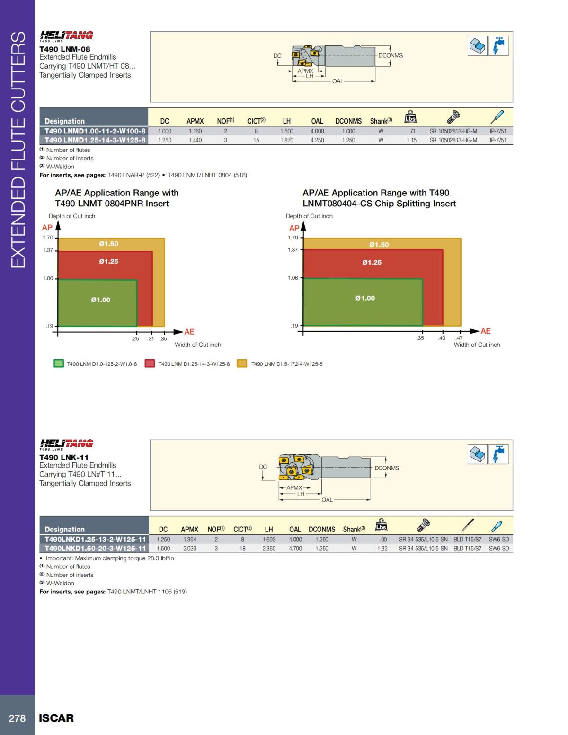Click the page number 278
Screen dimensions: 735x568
point(17,718)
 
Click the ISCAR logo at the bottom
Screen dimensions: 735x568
point(56,718)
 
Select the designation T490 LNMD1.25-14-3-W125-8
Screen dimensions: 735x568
point(95,140)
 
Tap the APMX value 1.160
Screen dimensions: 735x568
point(195,131)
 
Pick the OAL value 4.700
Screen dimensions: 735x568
point(295,549)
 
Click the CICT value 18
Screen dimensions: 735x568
point(242,549)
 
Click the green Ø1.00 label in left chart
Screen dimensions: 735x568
point(100,300)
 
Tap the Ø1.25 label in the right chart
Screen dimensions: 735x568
point(372,262)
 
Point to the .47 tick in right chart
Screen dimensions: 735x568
point(459,338)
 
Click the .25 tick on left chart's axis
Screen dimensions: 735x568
point(135,339)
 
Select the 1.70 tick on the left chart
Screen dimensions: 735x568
point(48,238)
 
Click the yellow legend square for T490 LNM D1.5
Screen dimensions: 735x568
point(242,363)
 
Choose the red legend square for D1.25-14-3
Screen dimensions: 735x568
point(150,363)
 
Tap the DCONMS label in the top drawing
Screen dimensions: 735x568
point(390,55)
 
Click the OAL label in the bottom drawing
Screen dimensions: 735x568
point(327,500)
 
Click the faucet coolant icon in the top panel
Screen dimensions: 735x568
point(498,46)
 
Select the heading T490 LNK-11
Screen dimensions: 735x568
point(64,457)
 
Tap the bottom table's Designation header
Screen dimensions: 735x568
point(64,529)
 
